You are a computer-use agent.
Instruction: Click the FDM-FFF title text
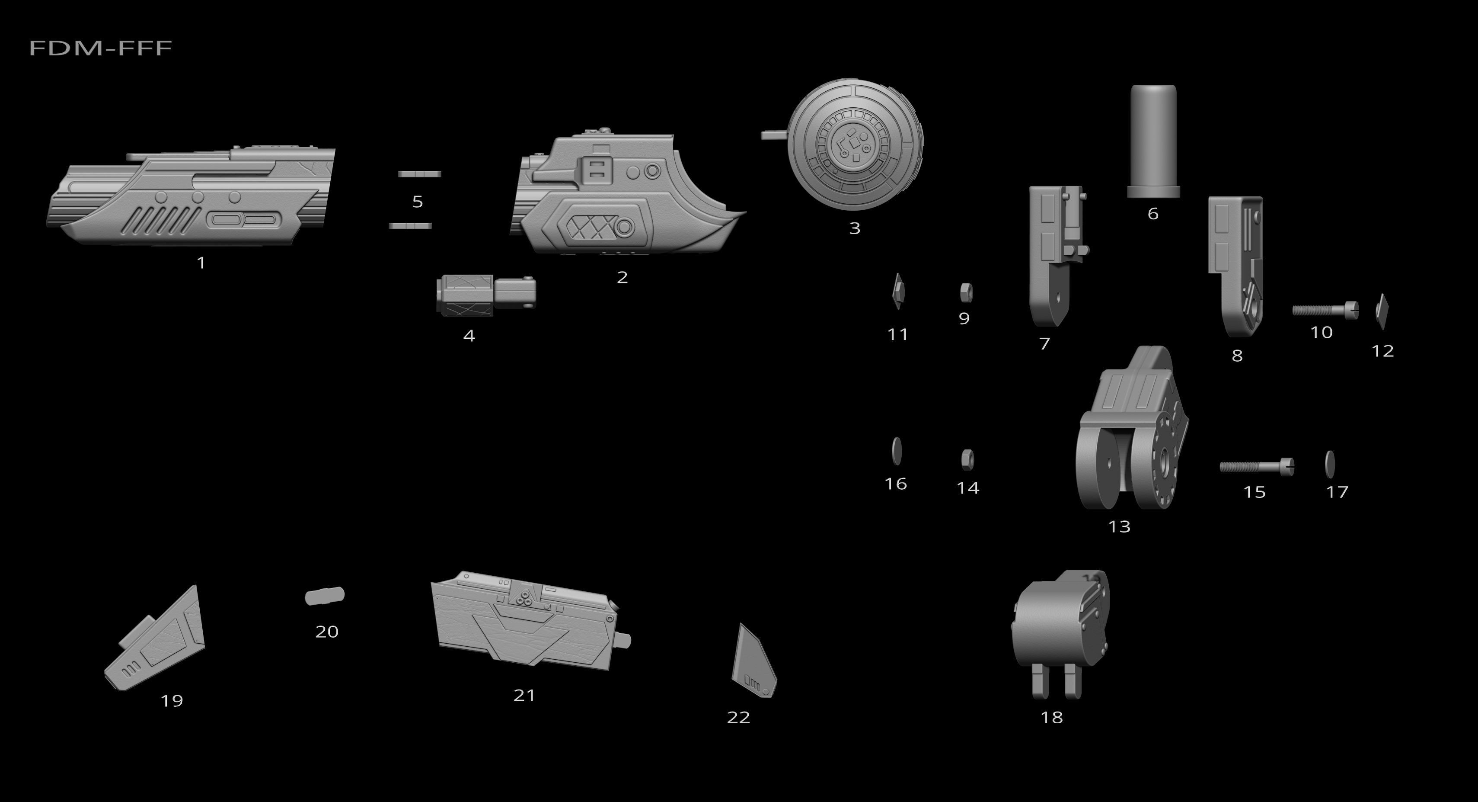point(100,48)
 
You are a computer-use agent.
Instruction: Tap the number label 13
point(1119,526)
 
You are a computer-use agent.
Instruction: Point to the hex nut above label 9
point(966,292)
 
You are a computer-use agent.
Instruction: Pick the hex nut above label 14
point(967,459)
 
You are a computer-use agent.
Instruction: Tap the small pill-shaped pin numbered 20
point(325,596)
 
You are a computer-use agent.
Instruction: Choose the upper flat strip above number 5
point(419,173)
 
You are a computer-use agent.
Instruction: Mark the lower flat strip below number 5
point(410,226)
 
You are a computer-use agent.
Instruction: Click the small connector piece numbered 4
point(485,295)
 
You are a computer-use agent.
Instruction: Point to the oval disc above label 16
point(897,451)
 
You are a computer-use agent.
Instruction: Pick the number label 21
point(524,695)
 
